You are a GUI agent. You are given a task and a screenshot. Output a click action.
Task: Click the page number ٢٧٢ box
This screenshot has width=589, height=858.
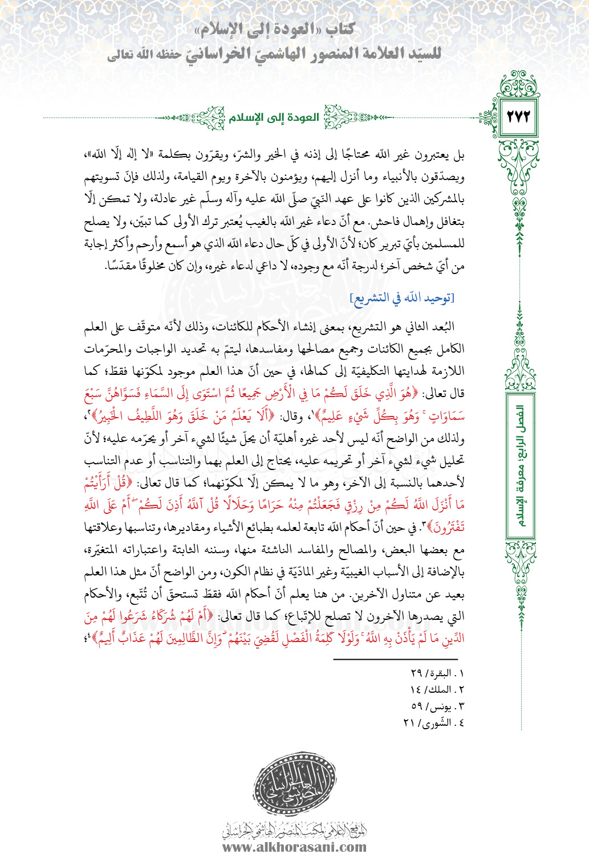point(518,117)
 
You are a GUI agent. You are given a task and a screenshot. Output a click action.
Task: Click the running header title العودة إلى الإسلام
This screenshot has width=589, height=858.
point(274,118)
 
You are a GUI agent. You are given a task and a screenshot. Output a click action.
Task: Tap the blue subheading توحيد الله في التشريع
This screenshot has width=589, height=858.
point(402,297)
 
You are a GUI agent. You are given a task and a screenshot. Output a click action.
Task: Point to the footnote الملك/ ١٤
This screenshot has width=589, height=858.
point(437,689)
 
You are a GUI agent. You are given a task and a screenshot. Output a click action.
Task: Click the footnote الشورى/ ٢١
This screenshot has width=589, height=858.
point(433,722)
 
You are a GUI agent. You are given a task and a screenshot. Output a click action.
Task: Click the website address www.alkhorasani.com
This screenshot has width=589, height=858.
point(294,847)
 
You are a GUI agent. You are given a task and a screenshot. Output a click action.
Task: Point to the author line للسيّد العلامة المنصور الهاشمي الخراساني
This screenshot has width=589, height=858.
point(274,54)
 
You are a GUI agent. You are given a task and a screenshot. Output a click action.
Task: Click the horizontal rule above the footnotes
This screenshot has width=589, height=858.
point(399,659)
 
